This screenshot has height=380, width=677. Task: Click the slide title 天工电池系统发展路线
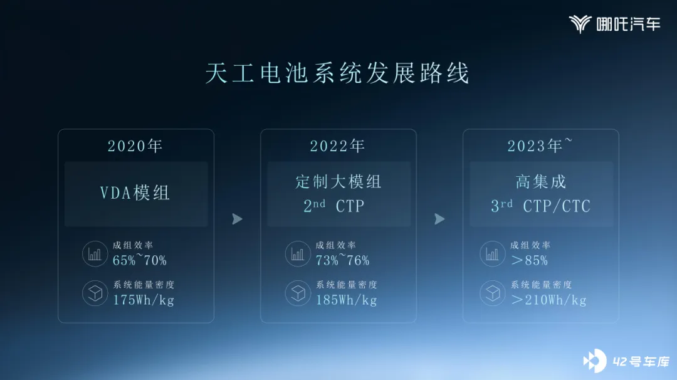coord(337,73)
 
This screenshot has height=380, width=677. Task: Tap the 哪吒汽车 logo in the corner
coord(614,24)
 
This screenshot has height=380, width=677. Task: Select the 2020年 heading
coord(135,146)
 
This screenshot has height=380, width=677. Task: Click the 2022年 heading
coord(338,146)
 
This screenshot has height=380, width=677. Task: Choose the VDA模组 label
coord(135,193)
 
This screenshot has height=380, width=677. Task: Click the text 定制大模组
coord(338,182)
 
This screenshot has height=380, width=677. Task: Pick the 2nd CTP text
coord(333,206)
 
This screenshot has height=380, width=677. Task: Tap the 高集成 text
coord(540,182)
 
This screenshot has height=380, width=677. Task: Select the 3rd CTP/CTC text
coord(540,206)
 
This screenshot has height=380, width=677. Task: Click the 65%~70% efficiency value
coord(139,260)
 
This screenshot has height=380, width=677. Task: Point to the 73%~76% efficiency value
coord(342,260)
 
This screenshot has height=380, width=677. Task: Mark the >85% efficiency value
coord(529,260)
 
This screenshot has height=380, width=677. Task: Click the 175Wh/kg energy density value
coord(144,300)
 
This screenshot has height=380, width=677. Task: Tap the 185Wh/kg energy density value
coord(346,300)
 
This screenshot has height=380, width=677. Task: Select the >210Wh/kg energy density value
coord(548,300)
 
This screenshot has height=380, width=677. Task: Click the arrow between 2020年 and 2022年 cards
coord(237,219)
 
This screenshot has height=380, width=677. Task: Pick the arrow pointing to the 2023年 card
coord(439,219)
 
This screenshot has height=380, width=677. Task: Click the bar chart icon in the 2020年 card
coord(95,254)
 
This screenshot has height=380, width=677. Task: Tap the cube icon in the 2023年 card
coord(493,293)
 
